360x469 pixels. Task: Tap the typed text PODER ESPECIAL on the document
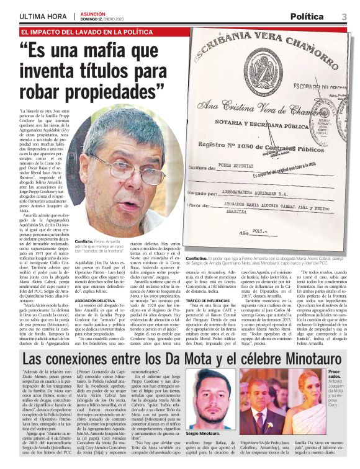(x=256, y=184)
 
